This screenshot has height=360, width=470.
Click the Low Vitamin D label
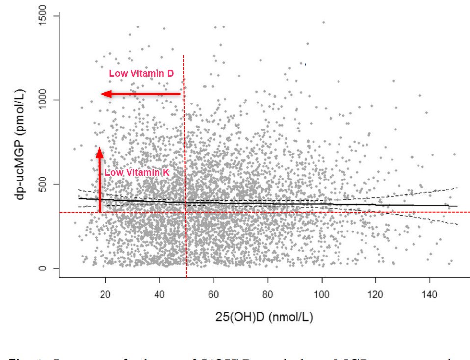click(141, 74)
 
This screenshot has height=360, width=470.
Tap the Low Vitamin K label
click(137, 173)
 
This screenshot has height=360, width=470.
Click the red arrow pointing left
click(140, 94)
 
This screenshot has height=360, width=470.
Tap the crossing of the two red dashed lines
click(186, 212)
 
